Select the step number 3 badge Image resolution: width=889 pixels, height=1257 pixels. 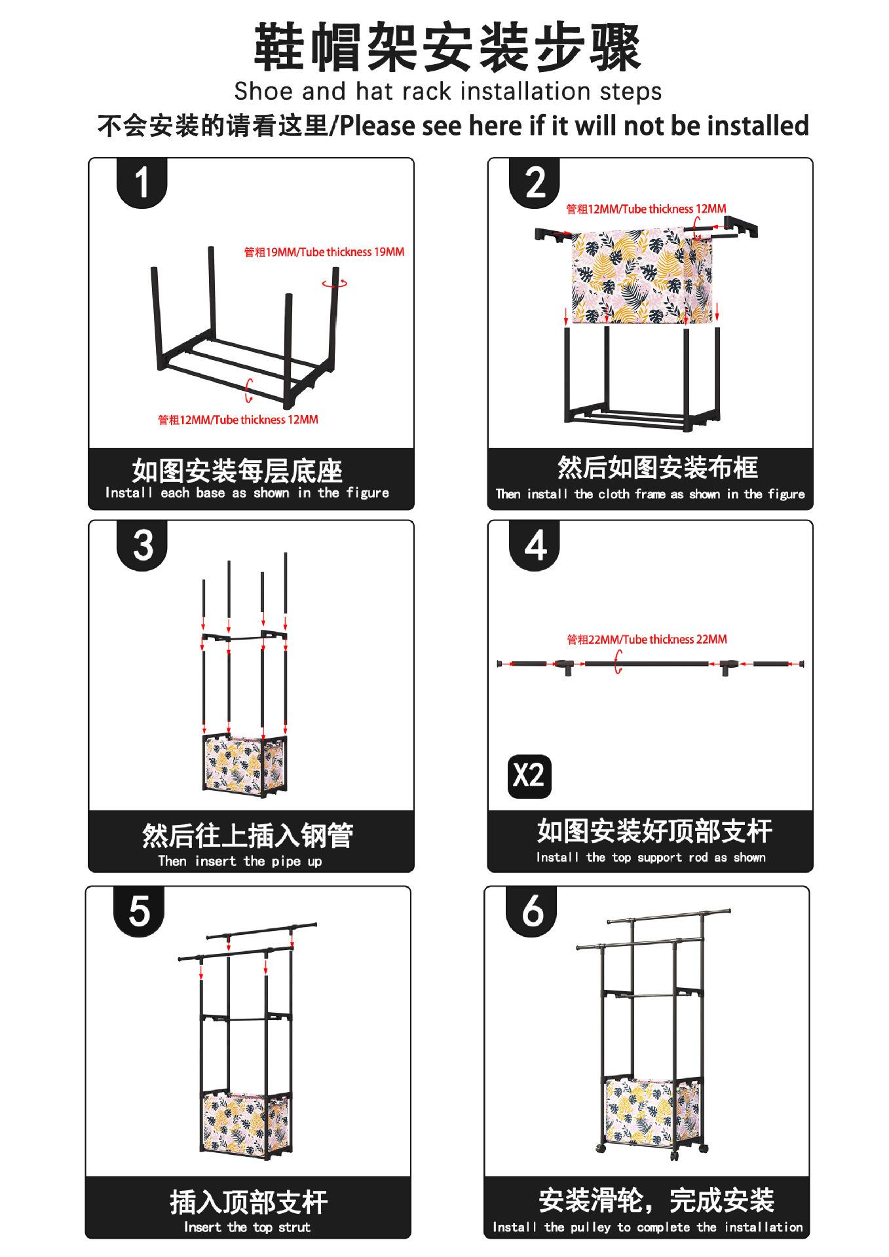[142, 545]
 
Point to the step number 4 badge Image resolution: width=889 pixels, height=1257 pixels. [535, 545]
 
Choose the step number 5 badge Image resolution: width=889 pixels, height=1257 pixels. [139, 910]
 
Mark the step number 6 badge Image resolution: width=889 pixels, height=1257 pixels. [531, 910]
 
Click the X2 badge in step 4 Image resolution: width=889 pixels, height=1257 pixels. [529, 776]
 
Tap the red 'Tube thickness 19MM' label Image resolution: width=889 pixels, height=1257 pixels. [324, 252]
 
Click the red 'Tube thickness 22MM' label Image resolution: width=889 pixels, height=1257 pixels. [647, 639]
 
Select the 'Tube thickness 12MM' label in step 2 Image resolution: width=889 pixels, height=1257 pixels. [646, 209]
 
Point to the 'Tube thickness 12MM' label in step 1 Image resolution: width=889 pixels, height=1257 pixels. [238, 420]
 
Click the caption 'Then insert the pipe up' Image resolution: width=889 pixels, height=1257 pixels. [240, 861]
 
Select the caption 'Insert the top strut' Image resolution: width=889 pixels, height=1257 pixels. [247, 1227]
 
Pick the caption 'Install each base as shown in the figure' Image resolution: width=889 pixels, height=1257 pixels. [247, 493]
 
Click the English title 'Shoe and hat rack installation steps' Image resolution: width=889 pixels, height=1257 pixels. [447, 91]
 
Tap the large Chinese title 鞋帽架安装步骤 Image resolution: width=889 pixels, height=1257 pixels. [447, 47]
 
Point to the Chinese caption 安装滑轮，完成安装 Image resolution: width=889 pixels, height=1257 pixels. [656, 1200]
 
